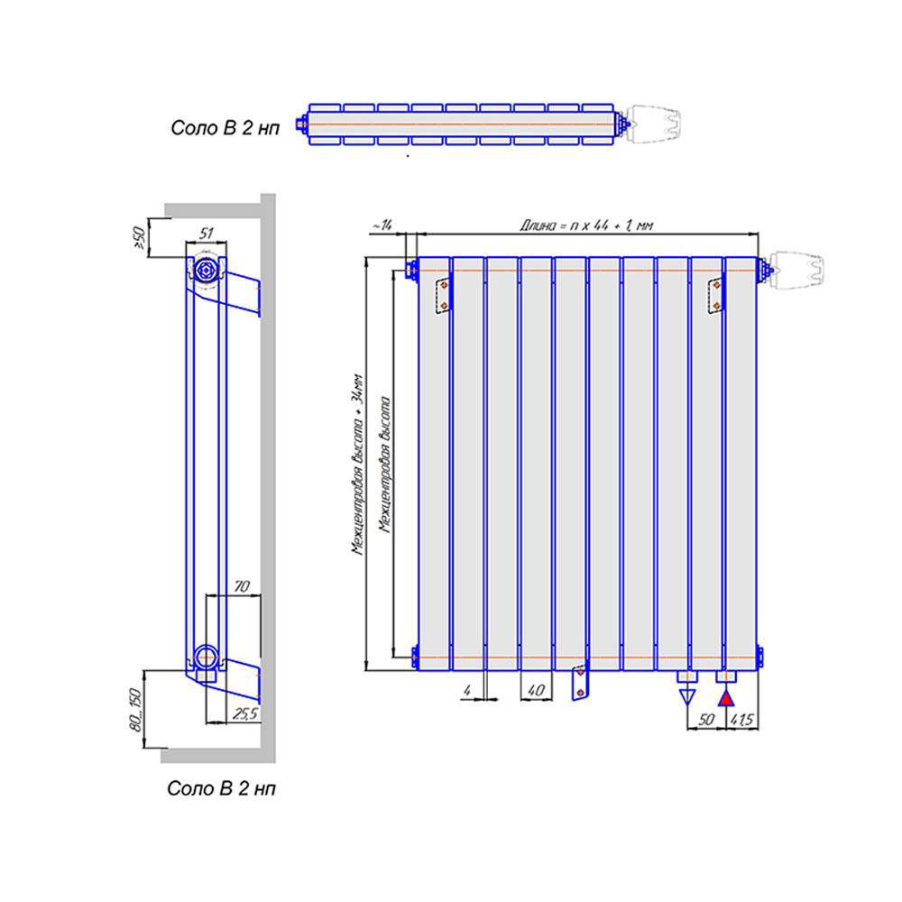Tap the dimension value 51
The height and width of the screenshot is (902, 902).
click(x=206, y=234)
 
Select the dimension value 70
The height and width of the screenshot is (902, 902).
click(x=241, y=587)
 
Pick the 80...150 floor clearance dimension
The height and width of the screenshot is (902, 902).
click(x=135, y=709)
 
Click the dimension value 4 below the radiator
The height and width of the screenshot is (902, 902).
click(x=466, y=691)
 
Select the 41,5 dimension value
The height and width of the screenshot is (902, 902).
click(x=742, y=720)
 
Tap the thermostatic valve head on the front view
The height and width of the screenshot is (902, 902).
click(x=799, y=269)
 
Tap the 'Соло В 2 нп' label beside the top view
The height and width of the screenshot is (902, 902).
click(x=225, y=128)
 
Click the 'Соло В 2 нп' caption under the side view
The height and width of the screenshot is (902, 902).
click(x=222, y=788)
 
